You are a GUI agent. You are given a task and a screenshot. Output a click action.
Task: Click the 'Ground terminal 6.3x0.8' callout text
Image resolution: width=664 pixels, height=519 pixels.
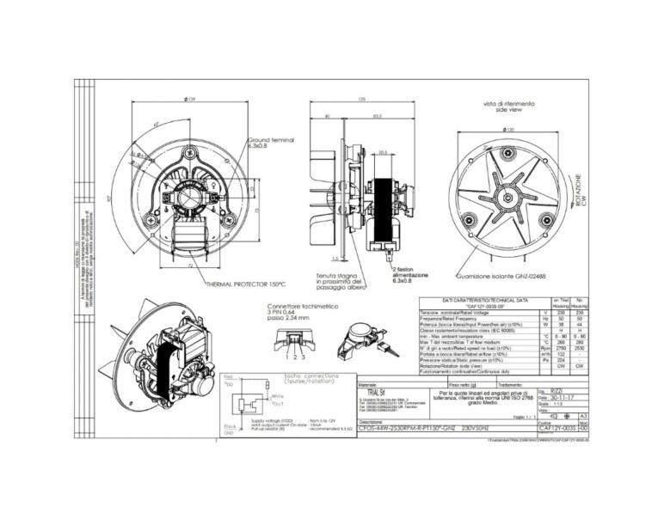tap(272, 143)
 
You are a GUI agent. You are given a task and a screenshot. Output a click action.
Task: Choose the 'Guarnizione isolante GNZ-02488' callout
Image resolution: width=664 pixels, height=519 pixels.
tap(498, 277)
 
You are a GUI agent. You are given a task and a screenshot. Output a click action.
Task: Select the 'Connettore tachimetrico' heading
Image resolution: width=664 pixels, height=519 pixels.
tap(301, 307)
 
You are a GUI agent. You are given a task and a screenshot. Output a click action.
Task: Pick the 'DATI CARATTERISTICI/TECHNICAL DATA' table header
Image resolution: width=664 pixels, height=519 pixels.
tap(471, 300)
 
